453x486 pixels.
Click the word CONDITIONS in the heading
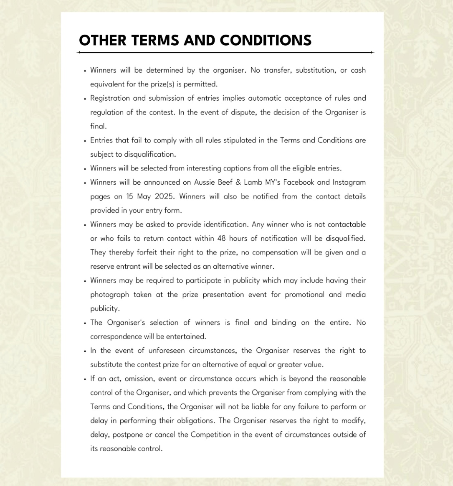[x=266, y=40]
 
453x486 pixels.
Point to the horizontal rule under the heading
[x=225, y=53]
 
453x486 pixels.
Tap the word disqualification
[x=150, y=154]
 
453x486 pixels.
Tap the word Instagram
[x=349, y=182]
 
